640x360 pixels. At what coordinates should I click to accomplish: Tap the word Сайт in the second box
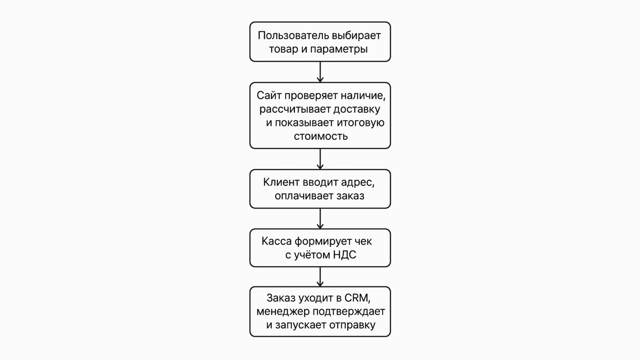[x=269, y=95]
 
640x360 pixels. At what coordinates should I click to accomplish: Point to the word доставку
[x=357, y=109]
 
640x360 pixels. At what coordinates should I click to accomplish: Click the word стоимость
[x=320, y=136]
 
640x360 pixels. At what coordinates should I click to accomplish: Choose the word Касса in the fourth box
[x=276, y=241]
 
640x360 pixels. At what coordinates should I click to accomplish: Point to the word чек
[x=363, y=241]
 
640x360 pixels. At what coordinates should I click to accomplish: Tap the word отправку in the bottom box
[x=352, y=325]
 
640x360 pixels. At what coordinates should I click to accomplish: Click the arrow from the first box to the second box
[x=320, y=72]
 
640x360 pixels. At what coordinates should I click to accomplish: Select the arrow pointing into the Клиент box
[x=320, y=159]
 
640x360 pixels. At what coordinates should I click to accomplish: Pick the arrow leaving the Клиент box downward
[x=320, y=219]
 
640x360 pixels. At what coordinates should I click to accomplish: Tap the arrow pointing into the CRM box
[x=320, y=277]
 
